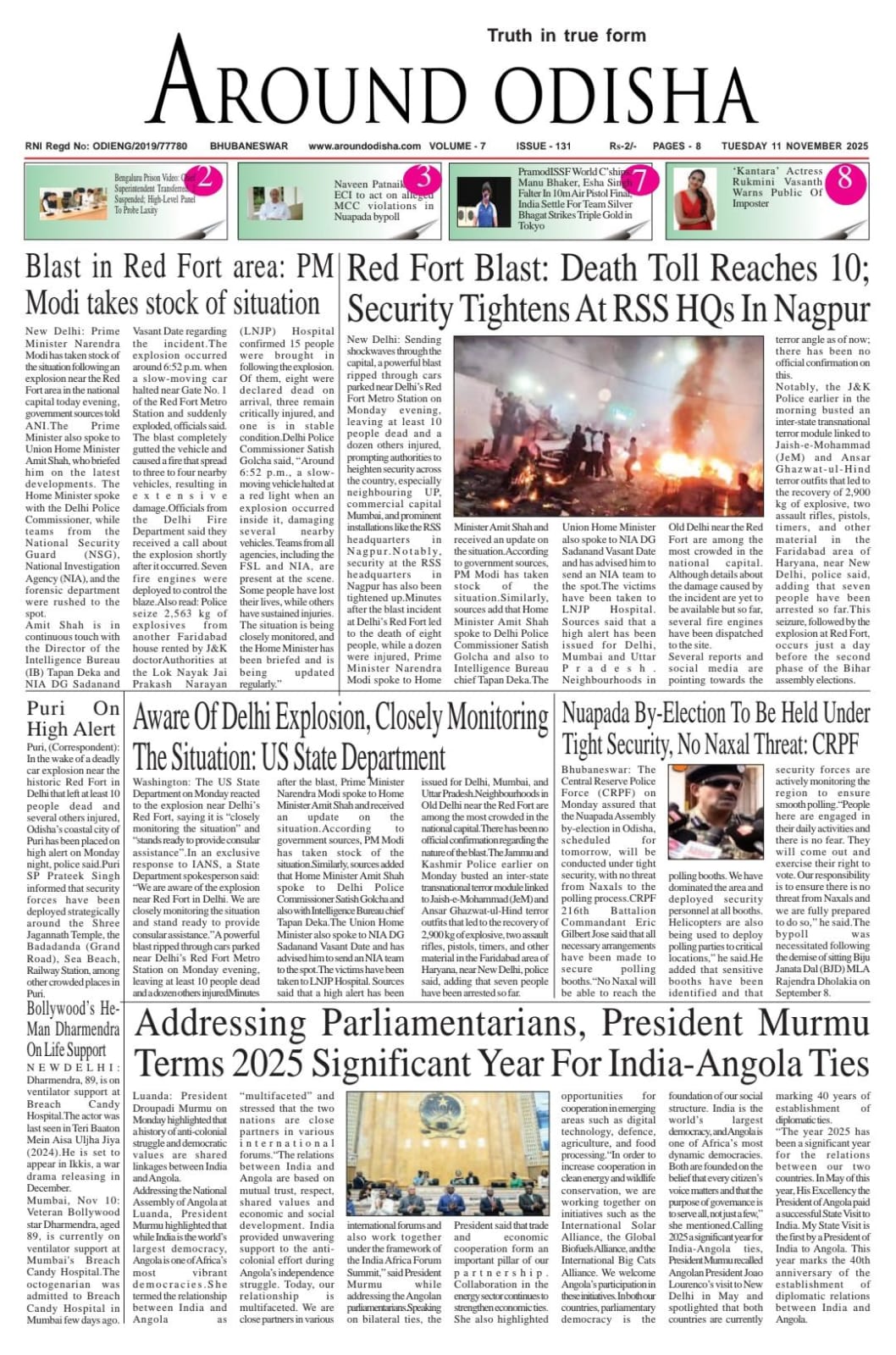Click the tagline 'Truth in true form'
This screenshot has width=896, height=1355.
pyautogui.click(x=566, y=36)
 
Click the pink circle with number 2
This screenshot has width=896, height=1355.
pyautogui.click(x=207, y=179)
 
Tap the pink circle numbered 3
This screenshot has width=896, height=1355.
pyautogui.click(x=423, y=179)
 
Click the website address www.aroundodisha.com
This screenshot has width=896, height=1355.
pyautogui.click(x=364, y=146)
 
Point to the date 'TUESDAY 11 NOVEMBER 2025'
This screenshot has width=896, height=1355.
pyautogui.click(x=794, y=146)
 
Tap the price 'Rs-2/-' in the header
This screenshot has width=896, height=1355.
pyautogui.click(x=623, y=146)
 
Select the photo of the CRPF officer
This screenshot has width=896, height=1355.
pyautogui.click(x=716, y=811)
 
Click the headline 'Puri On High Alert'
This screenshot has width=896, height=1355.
pyautogui.click(x=72, y=718)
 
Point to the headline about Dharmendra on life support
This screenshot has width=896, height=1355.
pyautogui.click(x=73, y=1028)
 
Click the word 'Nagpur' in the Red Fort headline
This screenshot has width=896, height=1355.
pyautogui.click(x=821, y=307)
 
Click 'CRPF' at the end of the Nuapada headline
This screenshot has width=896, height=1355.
pyautogui.click(x=835, y=744)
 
